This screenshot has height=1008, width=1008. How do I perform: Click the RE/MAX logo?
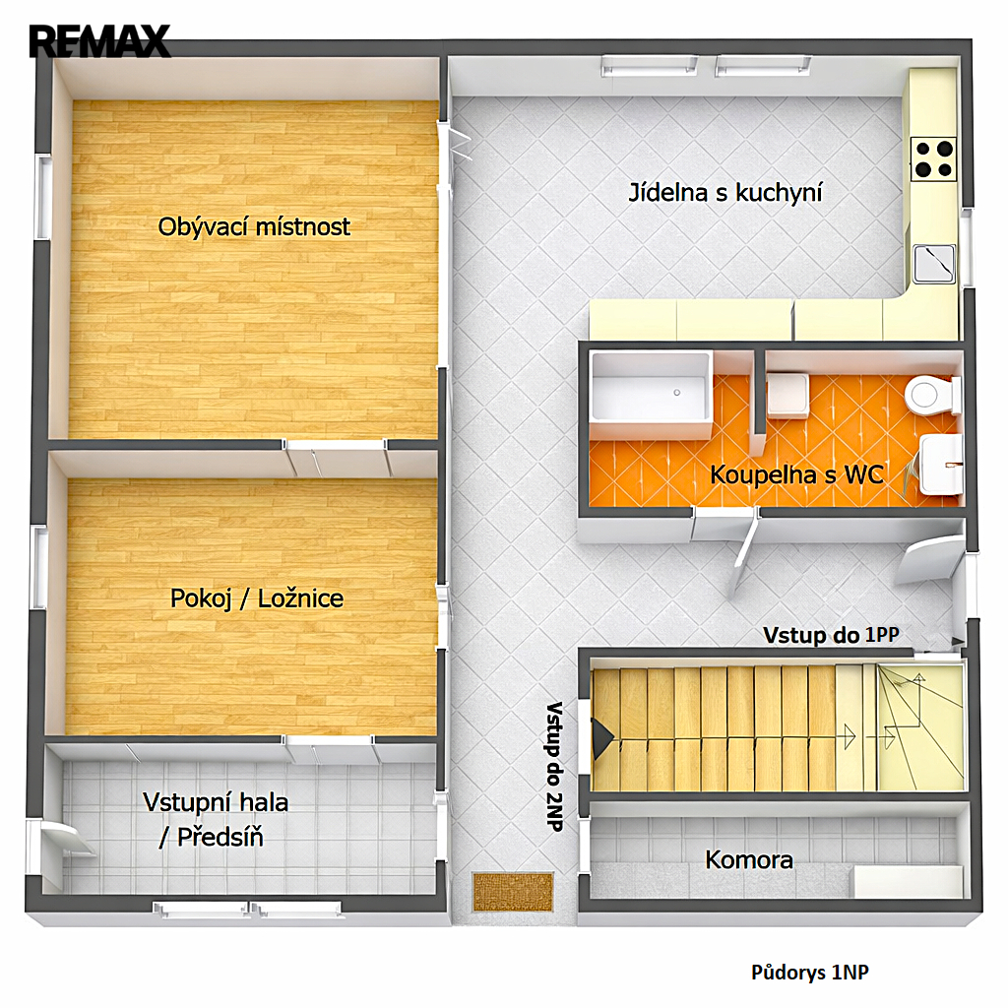[x=99, y=40]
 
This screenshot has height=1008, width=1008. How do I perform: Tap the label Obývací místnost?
[x=254, y=227]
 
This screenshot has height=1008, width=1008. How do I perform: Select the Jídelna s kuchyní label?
[x=725, y=193]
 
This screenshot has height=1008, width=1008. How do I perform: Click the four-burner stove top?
[x=933, y=158]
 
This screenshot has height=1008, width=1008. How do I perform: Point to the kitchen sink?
[x=934, y=264]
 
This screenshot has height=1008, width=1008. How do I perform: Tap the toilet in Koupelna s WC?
[x=933, y=395]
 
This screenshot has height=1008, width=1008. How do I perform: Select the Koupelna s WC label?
[x=796, y=475]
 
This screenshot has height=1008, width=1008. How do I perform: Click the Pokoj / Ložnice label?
[x=257, y=598]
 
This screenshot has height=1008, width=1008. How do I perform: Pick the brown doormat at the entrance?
[x=513, y=892]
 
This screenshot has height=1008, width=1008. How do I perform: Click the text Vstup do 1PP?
[x=831, y=635]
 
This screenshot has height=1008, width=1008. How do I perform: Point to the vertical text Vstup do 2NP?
[x=554, y=766]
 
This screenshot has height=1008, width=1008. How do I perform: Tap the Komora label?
[x=749, y=859]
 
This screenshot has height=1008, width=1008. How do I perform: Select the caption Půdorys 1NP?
[x=810, y=972]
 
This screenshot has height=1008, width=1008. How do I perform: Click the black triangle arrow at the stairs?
[x=601, y=739]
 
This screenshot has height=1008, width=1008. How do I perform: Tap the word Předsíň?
[x=220, y=837]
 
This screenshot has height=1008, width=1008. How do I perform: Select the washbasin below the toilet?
[x=941, y=465]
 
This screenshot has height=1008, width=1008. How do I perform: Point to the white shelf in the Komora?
[x=908, y=881]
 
